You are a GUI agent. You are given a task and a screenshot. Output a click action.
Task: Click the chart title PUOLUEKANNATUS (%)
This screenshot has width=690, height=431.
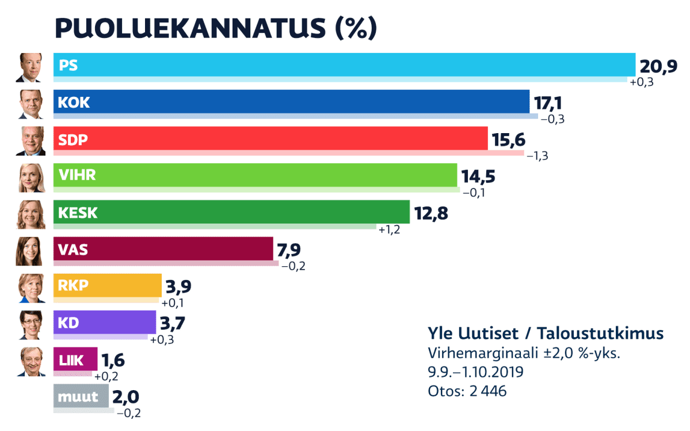pos(215,27)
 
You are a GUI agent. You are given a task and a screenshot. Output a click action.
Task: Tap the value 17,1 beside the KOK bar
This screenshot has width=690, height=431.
pos(547,103)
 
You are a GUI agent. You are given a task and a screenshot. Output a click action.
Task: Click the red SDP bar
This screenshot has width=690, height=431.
pos(270,139)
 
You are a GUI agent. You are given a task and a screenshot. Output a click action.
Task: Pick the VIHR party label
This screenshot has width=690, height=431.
pos(77,175)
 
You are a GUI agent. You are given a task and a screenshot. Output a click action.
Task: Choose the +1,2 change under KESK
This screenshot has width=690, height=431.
pos(388,229)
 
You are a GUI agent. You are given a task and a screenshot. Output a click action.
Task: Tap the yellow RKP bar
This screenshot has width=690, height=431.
pos(108,285)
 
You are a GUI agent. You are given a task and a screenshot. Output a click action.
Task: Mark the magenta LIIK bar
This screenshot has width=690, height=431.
pos(75,361)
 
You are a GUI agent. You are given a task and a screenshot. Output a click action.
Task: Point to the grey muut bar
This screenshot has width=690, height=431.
pos(81,396)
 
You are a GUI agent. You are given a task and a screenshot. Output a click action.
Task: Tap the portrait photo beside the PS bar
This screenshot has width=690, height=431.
pos(30,67)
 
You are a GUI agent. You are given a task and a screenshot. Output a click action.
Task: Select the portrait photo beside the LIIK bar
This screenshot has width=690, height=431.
pos(30,362)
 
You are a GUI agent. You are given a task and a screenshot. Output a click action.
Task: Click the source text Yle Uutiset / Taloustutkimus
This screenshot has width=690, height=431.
pos(546,333)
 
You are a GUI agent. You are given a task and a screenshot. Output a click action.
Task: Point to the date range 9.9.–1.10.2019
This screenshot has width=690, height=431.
pos(475,372)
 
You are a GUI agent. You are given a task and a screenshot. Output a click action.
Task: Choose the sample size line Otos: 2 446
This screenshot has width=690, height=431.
pos(467,391)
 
